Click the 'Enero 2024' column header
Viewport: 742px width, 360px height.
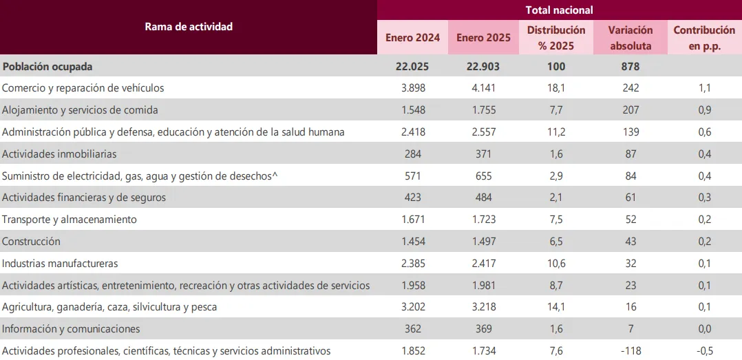pyautogui.click(x=413, y=38)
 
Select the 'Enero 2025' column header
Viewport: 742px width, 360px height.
pyautogui.click(x=483, y=38)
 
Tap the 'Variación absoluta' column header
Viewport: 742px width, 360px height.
pyautogui.click(x=630, y=38)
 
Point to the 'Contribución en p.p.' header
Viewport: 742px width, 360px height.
pyautogui.click(x=704, y=38)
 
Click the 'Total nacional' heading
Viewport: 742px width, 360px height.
pyautogui.click(x=559, y=10)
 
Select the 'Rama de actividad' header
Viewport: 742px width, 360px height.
pyautogui.click(x=189, y=27)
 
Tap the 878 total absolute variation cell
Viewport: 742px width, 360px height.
pyautogui.click(x=630, y=67)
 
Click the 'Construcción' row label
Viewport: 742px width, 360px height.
pyautogui.click(x=32, y=242)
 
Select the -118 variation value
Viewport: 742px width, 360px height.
pyautogui.click(x=630, y=351)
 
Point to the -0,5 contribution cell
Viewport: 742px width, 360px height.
pyautogui.click(x=704, y=351)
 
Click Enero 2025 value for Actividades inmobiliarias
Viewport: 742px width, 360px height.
pyautogui.click(x=483, y=154)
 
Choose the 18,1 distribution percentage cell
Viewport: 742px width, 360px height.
pyautogui.click(x=556, y=88)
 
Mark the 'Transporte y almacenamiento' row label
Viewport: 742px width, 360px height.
pyautogui.click(x=70, y=220)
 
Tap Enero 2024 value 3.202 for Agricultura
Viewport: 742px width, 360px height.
pyautogui.click(x=413, y=307)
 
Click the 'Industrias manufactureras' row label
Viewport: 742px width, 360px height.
pyautogui.click(x=61, y=264)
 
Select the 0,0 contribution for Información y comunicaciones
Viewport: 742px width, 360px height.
pyautogui.click(x=704, y=329)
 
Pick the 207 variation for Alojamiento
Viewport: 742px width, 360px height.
pyautogui.click(x=630, y=110)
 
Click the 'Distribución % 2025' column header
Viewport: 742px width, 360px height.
pyautogui.click(x=556, y=38)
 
